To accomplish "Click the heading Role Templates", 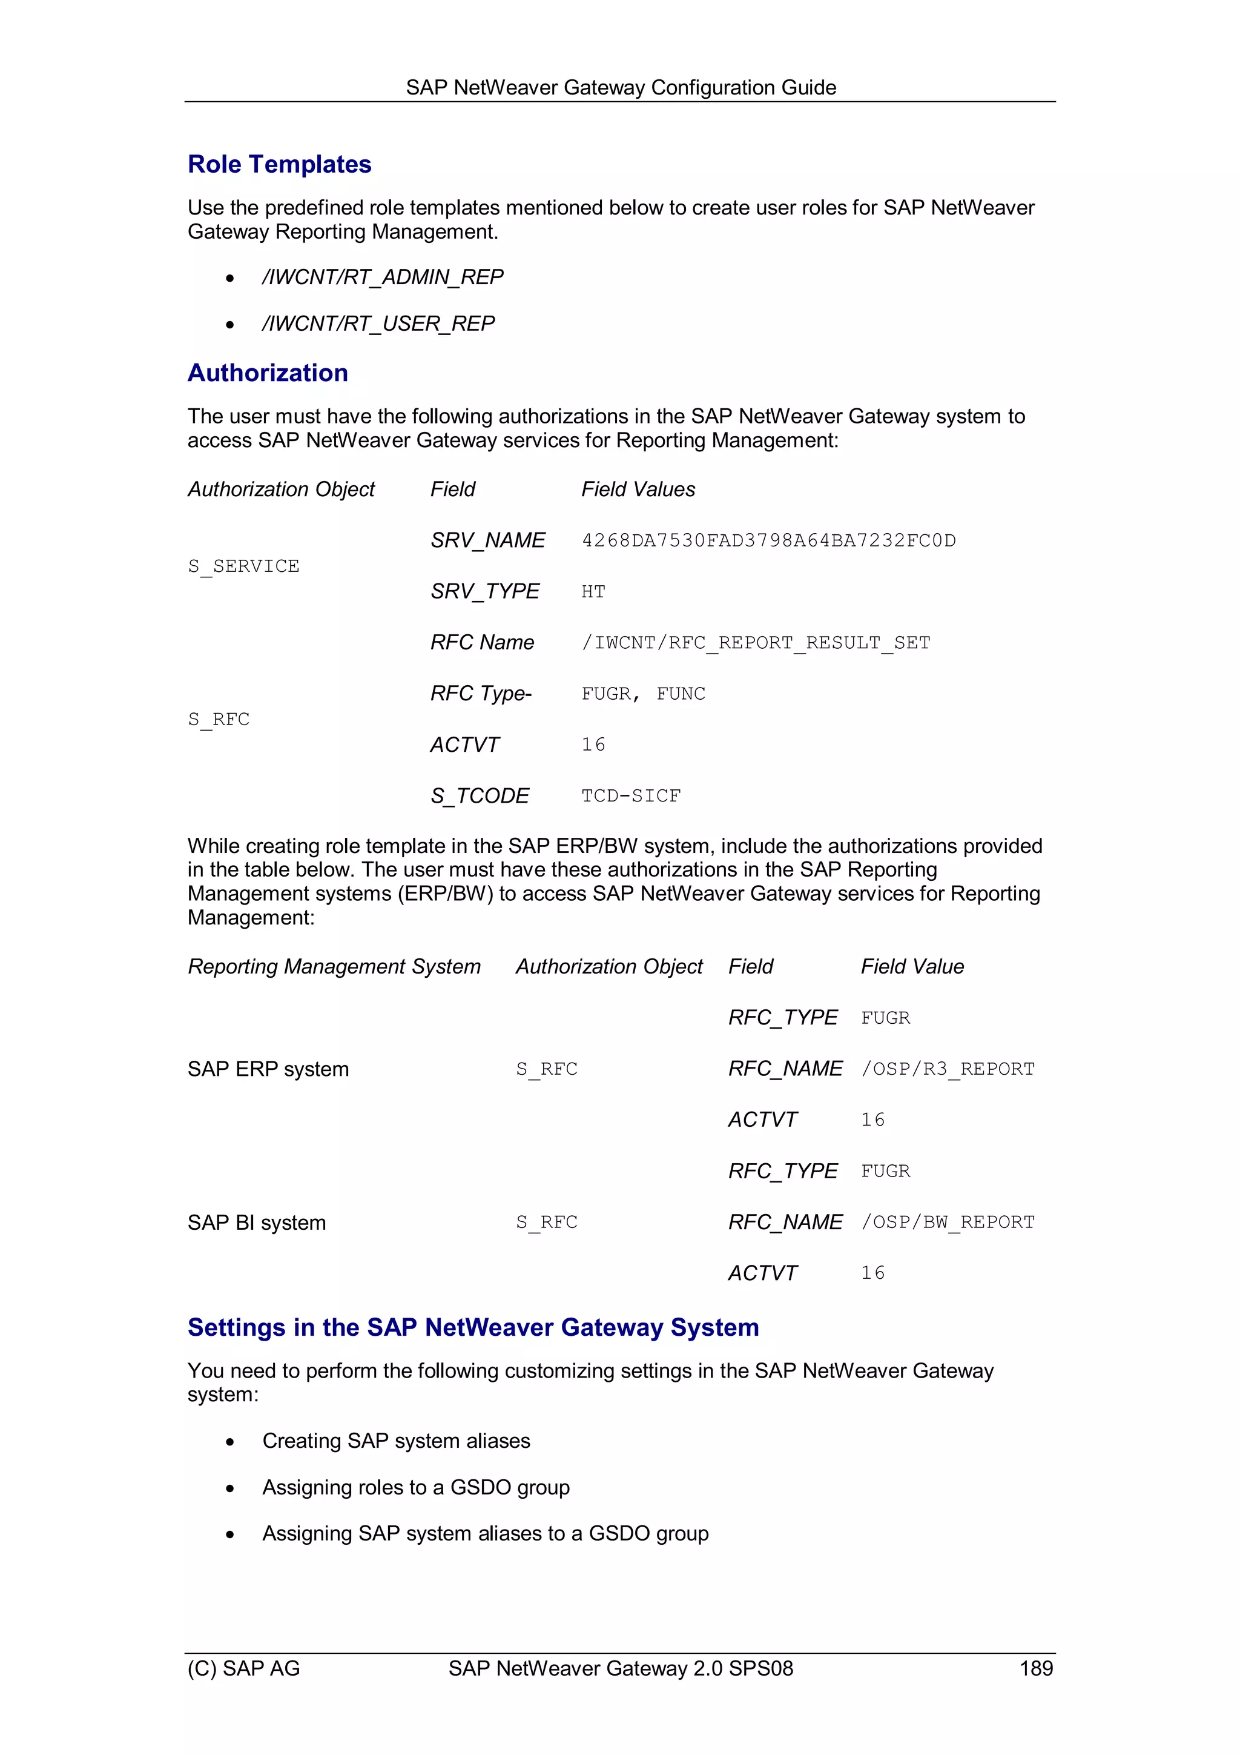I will click(279, 164).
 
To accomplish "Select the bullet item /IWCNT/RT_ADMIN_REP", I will click(382, 277).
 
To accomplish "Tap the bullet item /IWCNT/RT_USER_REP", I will click(378, 323).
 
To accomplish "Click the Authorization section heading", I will click(268, 373).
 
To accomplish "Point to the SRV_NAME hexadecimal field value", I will click(768, 540).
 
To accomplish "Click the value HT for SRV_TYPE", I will click(593, 592).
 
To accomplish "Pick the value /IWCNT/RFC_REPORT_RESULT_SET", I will click(755, 643).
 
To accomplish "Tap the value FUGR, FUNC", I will click(642, 694).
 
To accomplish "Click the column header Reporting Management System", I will click(334, 967).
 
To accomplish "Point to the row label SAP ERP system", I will click(268, 1069).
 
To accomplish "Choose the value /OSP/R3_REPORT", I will click(948, 1069).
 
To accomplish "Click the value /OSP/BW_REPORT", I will click(948, 1223).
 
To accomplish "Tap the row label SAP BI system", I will click(256, 1223).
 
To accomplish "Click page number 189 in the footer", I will click(1035, 1668).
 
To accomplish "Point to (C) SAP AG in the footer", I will click(243, 1668).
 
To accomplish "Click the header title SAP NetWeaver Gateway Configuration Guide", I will click(621, 88).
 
